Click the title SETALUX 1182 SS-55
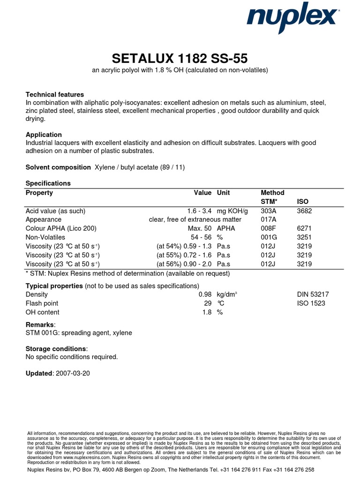[180, 59]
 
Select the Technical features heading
[54, 94]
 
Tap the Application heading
[44, 135]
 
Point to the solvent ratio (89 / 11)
[171, 167]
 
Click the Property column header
[39, 193]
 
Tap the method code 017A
[268, 219]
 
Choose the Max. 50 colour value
[201, 228]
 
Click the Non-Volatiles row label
[45, 237]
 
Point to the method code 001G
[269, 237]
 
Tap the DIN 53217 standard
[313, 294]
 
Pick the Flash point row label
[42, 303]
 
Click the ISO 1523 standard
[311, 303]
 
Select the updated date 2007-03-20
[73, 373]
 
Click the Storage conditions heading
[56, 349]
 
